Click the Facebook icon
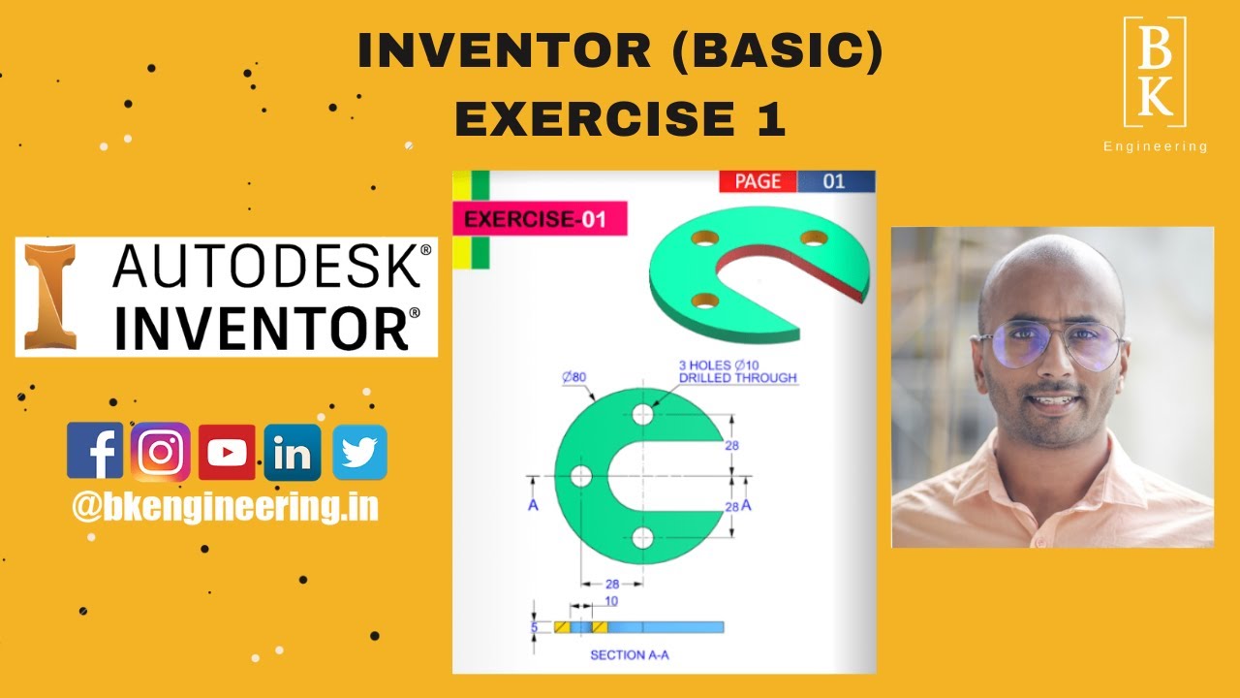[x=95, y=452]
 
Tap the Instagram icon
[x=161, y=452]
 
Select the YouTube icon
[x=227, y=452]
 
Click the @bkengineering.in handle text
[x=225, y=507]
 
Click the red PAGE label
[x=758, y=181]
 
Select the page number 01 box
[x=835, y=181]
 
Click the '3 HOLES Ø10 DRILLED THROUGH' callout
[x=737, y=371]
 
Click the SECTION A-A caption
[x=630, y=655]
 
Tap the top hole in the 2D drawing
[x=642, y=414]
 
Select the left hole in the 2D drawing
[x=581, y=476]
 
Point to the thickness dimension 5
[x=534, y=627]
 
